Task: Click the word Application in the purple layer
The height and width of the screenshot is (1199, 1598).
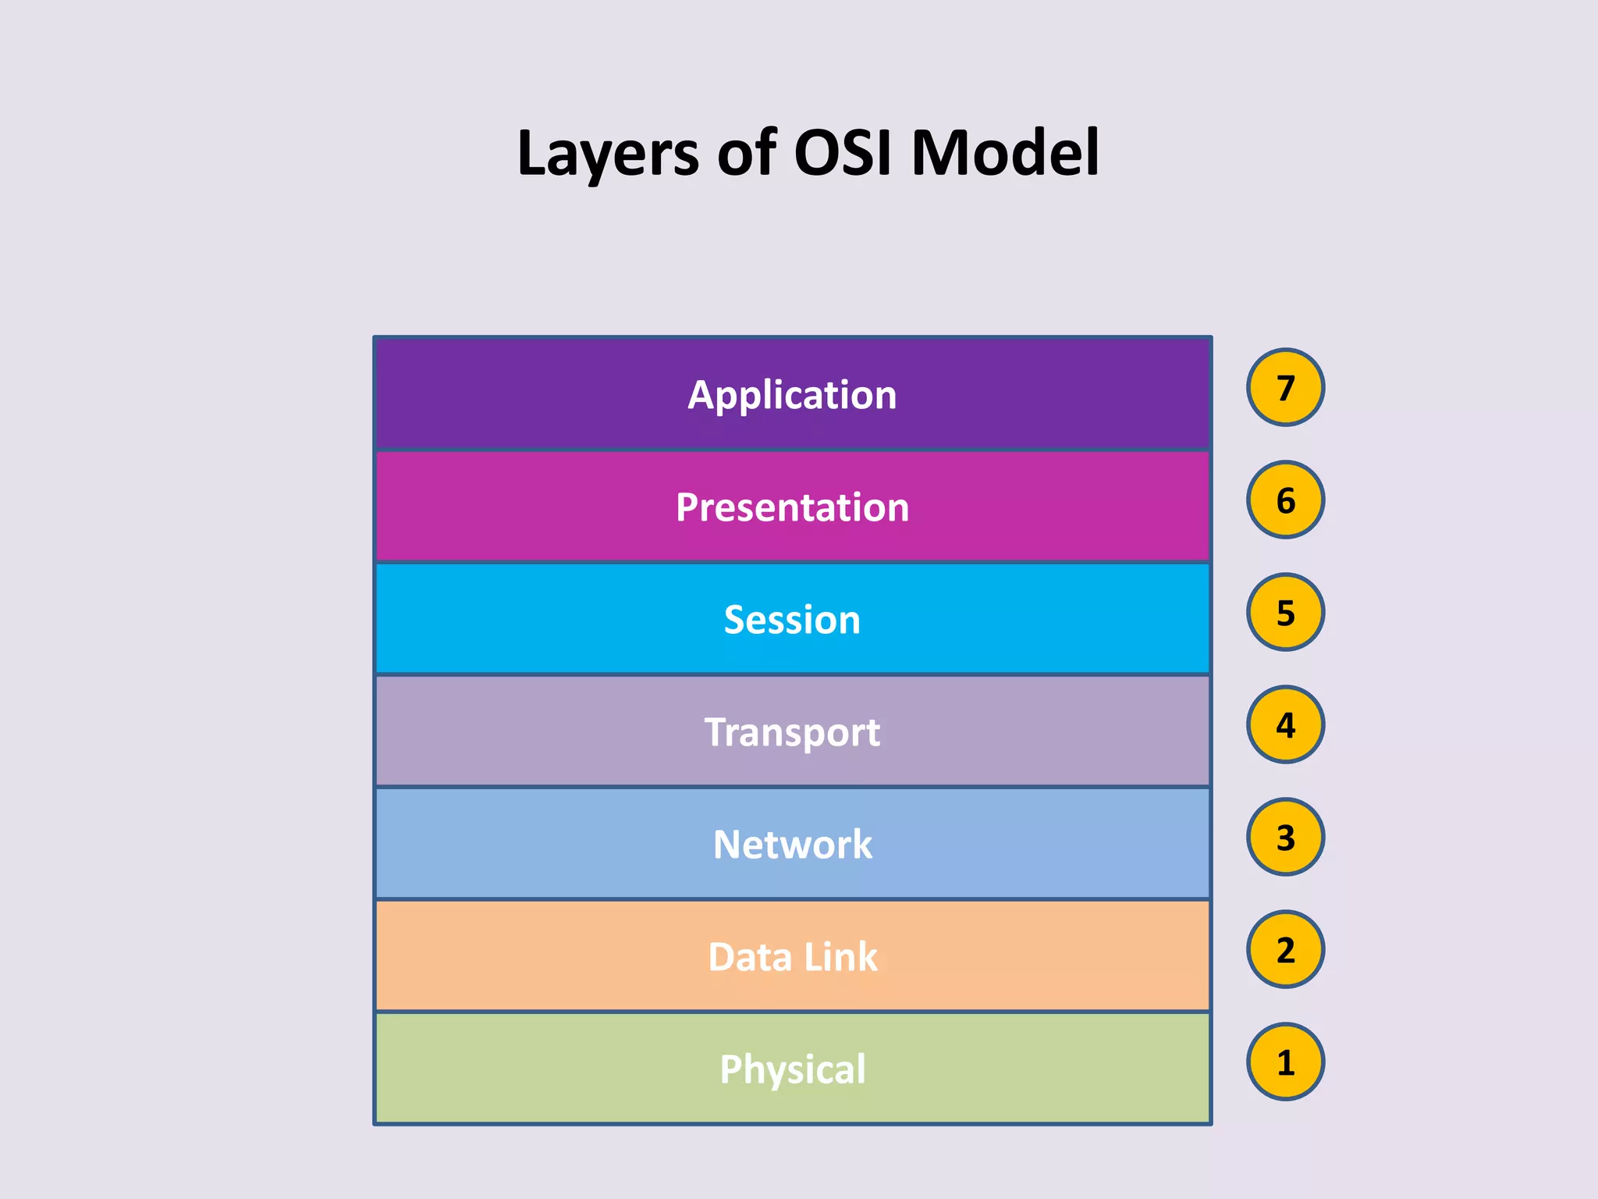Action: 792,395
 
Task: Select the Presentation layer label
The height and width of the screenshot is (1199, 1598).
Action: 792,507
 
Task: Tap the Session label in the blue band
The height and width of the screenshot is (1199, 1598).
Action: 792,620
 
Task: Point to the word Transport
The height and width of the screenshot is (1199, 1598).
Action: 792,732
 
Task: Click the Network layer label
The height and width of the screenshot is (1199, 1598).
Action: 792,845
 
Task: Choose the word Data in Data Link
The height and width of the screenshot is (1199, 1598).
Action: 749,957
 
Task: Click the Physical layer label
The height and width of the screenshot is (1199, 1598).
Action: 792,1069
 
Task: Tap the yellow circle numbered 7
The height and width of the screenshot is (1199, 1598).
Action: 1285,387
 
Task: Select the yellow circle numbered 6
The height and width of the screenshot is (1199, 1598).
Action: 1285,500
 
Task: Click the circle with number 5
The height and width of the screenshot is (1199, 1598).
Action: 1285,612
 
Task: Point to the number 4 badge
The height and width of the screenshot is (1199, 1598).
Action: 1285,724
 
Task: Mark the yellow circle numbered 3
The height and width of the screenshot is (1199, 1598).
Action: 1285,837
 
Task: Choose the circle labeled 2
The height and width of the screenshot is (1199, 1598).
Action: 1285,949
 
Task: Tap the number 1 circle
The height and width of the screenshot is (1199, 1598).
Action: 1285,1062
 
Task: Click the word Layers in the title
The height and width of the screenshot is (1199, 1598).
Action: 608,155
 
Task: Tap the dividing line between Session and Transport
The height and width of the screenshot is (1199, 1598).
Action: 792,674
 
